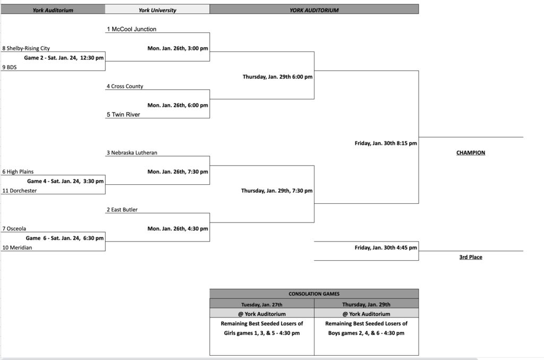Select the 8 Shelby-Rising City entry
[26, 48]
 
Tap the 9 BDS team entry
[10, 67]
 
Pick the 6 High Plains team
[18, 172]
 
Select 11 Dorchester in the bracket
[20, 191]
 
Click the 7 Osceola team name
[14, 229]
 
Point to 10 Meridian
[17, 247]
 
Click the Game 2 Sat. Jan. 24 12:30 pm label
[64, 58]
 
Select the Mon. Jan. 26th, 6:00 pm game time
[177, 105]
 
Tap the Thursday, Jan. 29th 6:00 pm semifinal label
[277, 76]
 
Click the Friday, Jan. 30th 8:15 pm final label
[386, 143]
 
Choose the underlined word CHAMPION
[471, 153]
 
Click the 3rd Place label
[471, 258]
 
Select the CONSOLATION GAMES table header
[314, 294]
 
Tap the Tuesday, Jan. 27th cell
[262, 304]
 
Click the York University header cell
[157, 10]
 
